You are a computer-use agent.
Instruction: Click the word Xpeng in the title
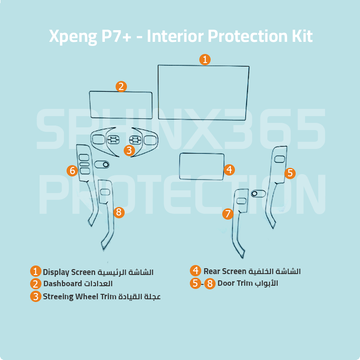(x=73, y=36)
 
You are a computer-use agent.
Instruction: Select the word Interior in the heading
(x=175, y=36)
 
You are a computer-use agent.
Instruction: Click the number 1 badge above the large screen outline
(x=205, y=59)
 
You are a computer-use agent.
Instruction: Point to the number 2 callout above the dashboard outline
(x=121, y=86)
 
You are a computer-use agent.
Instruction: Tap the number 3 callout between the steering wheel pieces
(x=129, y=151)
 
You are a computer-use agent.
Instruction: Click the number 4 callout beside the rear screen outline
(x=229, y=170)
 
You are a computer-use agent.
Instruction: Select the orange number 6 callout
(x=72, y=171)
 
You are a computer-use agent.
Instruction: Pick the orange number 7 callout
(x=228, y=214)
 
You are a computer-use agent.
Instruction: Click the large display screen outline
(x=158, y=92)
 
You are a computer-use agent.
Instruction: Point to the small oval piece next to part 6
(x=102, y=164)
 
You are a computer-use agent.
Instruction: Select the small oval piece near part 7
(x=258, y=193)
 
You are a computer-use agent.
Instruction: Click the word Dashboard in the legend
(x=63, y=284)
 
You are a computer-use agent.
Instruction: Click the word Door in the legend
(x=226, y=283)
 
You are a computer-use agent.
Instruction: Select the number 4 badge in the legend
(x=196, y=271)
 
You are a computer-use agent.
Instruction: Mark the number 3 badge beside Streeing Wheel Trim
(x=36, y=297)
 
